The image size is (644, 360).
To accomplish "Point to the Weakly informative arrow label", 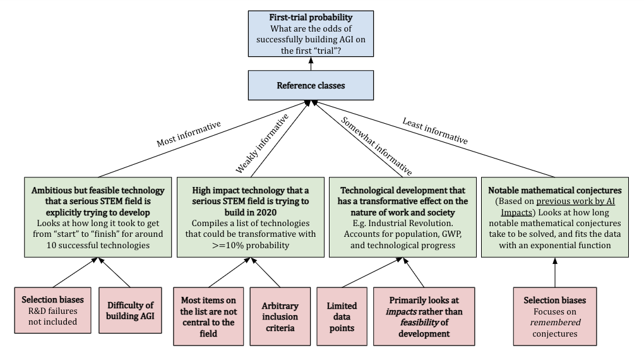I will tap(262, 143).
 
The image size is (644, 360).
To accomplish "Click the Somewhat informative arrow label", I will tap(377, 146).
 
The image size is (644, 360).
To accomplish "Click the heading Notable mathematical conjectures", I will tap(554, 190).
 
